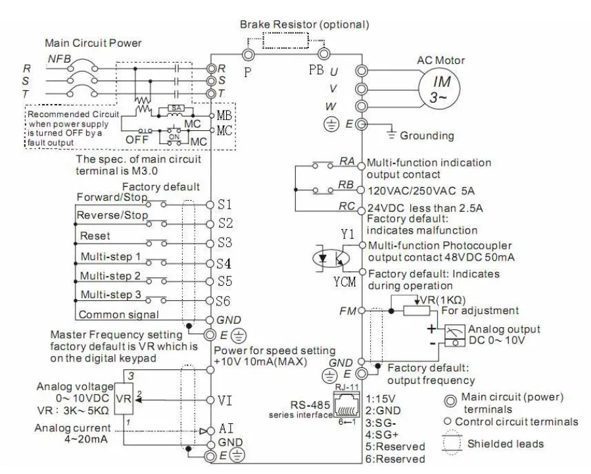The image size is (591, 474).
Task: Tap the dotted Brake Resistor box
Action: tap(285, 40)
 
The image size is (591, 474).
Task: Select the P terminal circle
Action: tap(248, 55)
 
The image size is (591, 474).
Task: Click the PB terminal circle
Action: tap(324, 54)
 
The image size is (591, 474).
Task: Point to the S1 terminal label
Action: tap(225, 204)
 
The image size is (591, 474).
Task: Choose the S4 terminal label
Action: tap(224, 263)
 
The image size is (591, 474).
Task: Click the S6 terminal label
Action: tap(223, 301)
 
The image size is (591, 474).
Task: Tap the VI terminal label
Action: tap(225, 400)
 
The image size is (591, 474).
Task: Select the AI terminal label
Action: tap(226, 429)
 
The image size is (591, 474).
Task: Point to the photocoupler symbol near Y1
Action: tap(331, 259)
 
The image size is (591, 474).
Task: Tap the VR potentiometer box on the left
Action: tap(124, 398)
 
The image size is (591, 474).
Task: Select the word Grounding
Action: tap(427, 136)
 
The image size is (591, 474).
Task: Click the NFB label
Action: tap(59, 59)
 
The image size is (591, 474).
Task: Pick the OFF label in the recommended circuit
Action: tap(137, 140)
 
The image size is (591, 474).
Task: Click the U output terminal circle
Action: tap(362, 70)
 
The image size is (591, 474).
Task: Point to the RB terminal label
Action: tap(346, 184)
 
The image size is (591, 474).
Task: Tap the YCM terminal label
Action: tap(344, 282)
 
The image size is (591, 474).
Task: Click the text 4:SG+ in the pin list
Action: tap(382, 434)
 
